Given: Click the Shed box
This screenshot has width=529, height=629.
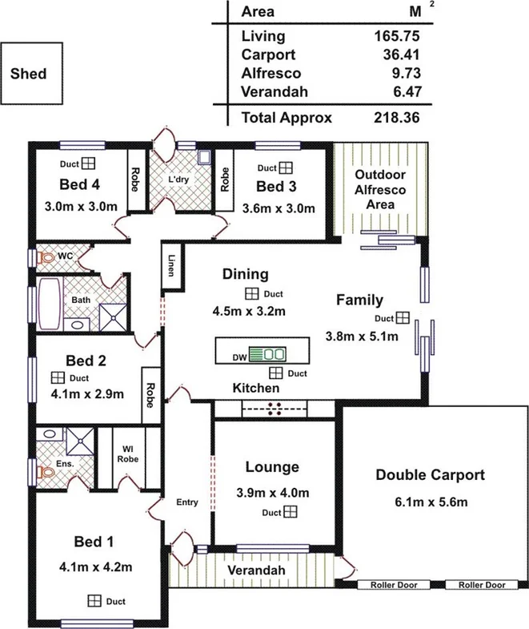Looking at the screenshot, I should [29, 75].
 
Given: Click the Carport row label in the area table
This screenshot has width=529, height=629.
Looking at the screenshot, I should [268, 54].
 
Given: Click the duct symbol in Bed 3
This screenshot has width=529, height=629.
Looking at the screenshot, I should [287, 168].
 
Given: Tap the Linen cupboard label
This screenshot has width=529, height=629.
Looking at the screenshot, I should [171, 266].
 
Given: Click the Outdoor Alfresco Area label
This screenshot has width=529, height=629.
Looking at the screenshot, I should [381, 190].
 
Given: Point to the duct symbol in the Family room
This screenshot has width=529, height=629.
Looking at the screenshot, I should [403, 317].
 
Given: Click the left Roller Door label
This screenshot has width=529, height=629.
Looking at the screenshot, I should [393, 585].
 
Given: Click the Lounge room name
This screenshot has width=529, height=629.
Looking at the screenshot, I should [272, 467].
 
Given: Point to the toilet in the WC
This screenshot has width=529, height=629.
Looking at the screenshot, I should [46, 259].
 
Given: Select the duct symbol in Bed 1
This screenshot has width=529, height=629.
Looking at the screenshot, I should [94, 600].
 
